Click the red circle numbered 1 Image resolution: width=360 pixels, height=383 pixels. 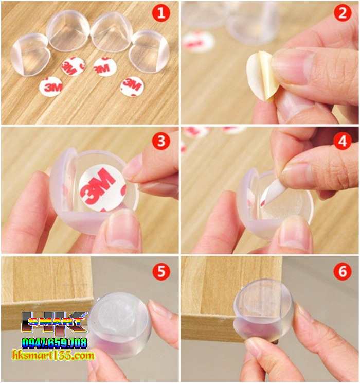tap(161, 13)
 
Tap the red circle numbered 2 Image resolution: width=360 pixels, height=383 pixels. tap(342, 13)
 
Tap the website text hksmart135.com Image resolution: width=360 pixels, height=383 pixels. tap(53, 355)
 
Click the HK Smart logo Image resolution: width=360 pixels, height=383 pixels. tap(54, 323)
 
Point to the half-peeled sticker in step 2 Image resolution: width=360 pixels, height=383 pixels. tap(262, 77)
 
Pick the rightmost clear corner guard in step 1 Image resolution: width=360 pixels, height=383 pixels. tap(149, 51)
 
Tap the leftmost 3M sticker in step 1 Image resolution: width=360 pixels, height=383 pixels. tap(51, 86)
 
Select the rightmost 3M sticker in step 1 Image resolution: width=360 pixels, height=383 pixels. tap(132, 86)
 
